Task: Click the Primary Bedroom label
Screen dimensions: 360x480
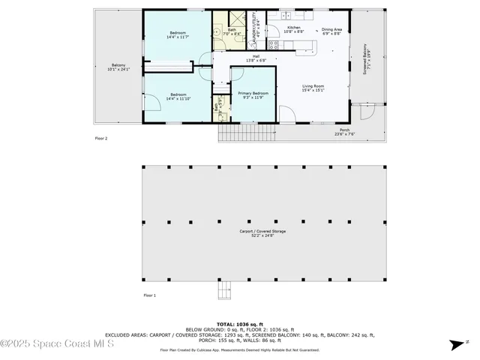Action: [253, 95]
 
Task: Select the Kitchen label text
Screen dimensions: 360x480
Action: [294, 30]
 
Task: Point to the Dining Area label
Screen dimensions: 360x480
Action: [331, 31]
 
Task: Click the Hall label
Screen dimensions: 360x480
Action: [256, 58]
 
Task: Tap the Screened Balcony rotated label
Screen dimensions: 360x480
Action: [367, 59]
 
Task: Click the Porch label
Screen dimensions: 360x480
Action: [344, 133]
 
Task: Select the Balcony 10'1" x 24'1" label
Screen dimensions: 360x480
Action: [118, 67]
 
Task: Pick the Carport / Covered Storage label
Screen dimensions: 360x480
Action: [262, 232]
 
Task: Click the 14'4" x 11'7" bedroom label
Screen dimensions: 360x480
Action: [178, 34]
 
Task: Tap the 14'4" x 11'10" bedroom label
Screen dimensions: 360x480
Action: [178, 97]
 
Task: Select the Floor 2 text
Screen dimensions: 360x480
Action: [101, 138]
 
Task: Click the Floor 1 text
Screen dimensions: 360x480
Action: [149, 295]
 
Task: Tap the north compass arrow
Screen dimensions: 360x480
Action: [455, 345]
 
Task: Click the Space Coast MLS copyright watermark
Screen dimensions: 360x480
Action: [57, 344]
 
